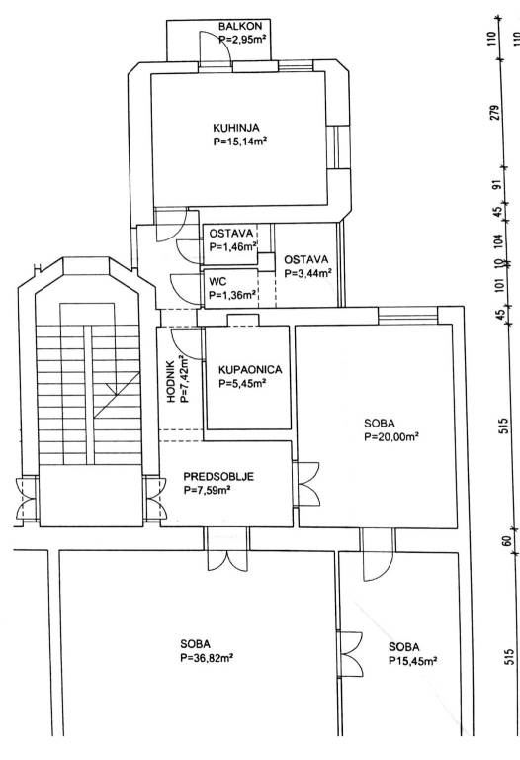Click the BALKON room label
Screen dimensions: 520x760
point(239,26)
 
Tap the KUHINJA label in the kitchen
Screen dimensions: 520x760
point(236,128)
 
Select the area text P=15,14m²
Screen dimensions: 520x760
point(240,142)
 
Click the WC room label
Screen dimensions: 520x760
point(217,282)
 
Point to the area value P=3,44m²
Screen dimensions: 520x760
point(307,273)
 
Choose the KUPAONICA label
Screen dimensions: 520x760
point(250,370)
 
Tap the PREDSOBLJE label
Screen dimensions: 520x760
point(218,477)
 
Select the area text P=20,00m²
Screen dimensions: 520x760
point(391,437)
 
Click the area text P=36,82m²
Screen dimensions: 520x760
point(208,658)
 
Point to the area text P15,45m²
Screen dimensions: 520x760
point(413,661)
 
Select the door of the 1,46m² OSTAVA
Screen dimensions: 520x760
point(189,252)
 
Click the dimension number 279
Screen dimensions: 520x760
point(494,114)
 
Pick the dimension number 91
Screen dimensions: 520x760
point(495,186)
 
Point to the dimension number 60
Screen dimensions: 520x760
point(507,540)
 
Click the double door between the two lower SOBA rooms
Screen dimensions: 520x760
point(350,654)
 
